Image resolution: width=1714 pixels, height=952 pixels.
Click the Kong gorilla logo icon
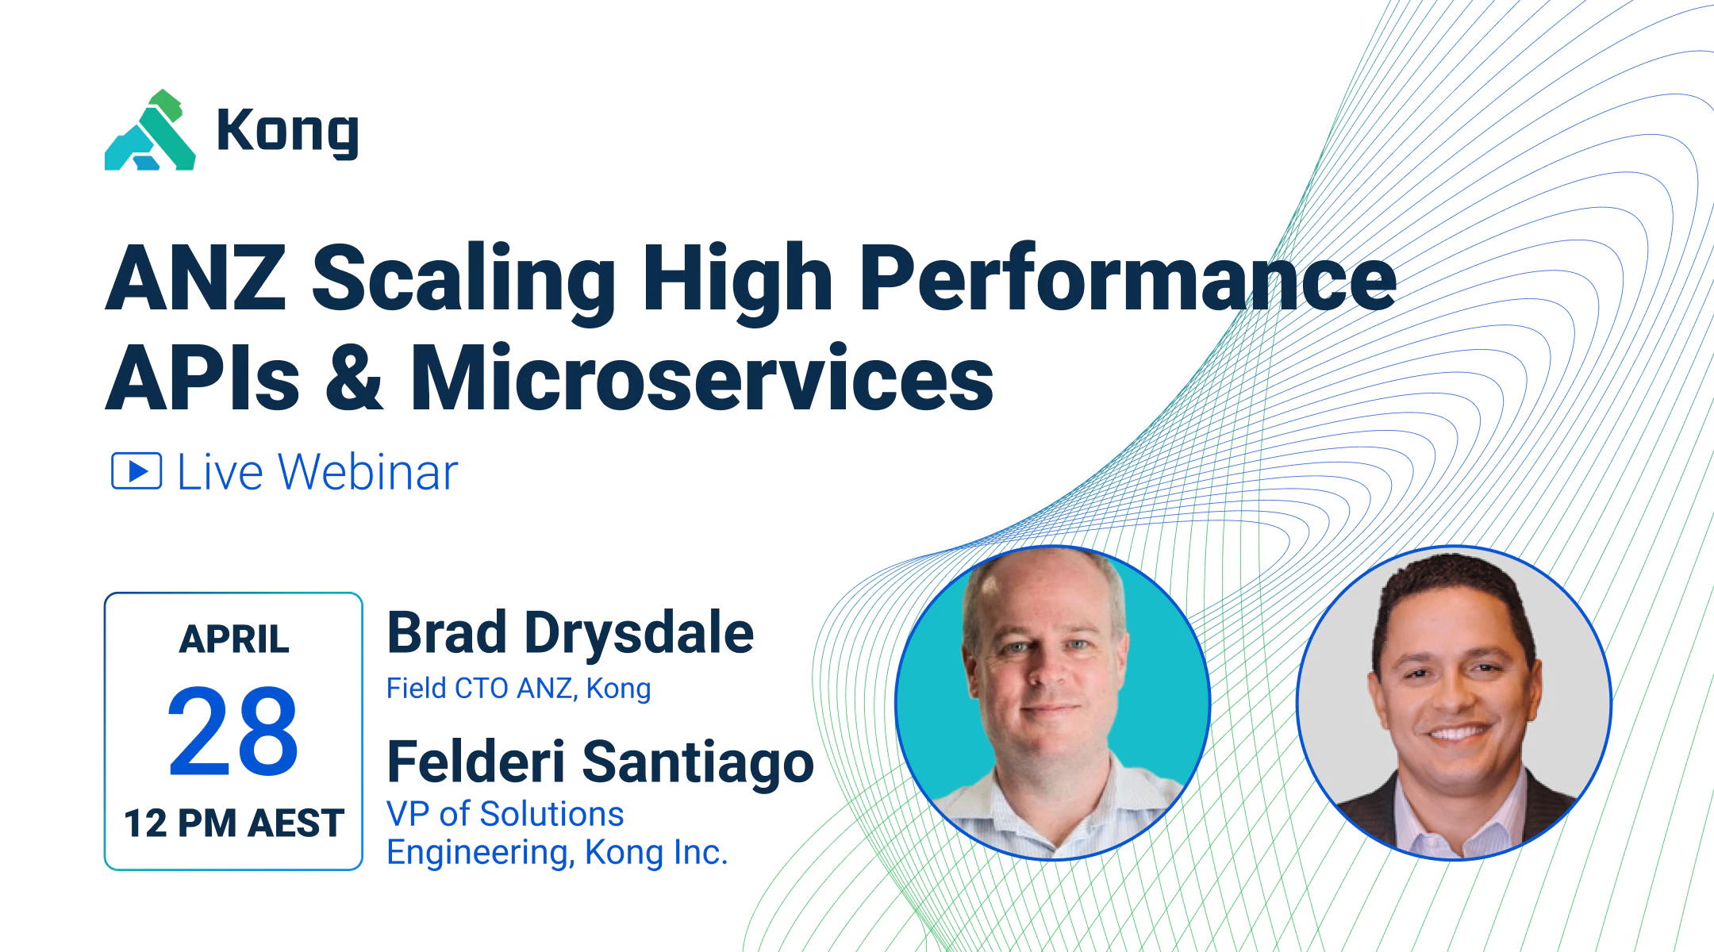click(x=150, y=131)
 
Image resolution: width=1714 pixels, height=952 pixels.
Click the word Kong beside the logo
click(x=287, y=132)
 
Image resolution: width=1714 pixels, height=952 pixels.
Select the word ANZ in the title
click(x=196, y=278)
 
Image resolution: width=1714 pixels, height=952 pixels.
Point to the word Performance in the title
click(x=1127, y=278)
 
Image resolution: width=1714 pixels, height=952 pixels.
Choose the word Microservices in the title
click(x=701, y=378)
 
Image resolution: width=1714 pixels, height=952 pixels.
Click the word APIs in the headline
click(x=202, y=378)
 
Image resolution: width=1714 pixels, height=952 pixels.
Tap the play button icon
click(x=136, y=471)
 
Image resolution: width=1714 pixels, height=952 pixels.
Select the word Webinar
click(x=368, y=473)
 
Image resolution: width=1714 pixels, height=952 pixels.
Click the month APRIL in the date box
click(x=234, y=639)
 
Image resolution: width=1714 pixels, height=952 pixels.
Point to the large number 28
click(x=233, y=731)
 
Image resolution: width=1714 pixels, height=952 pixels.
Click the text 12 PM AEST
click(x=234, y=823)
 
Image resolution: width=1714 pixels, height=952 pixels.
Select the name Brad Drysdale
click(x=570, y=634)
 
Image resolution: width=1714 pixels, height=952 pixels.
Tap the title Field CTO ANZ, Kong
click(x=518, y=689)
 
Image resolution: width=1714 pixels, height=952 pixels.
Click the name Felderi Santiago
click(x=600, y=762)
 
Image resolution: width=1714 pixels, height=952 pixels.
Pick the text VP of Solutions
click(x=505, y=814)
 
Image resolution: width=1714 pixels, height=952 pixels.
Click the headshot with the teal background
click(x=1052, y=703)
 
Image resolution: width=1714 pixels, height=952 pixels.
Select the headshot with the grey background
click(x=1454, y=703)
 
